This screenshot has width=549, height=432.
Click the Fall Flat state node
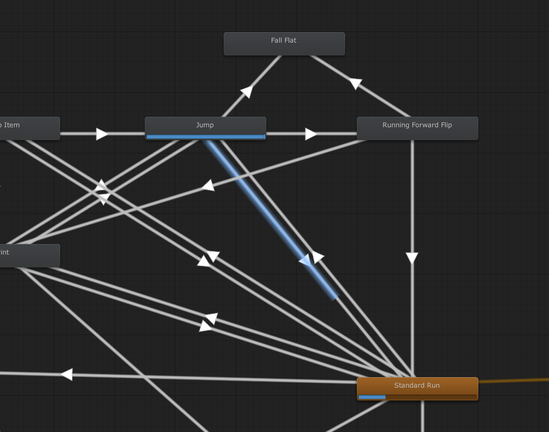[284, 44]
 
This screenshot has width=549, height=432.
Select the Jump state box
[205, 126]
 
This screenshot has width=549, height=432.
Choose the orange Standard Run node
[417, 387]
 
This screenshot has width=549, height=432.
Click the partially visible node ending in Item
[29, 128]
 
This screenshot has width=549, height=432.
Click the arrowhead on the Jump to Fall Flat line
[247, 92]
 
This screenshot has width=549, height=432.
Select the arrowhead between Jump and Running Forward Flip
[311, 134]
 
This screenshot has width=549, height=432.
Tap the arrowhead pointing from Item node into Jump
[102, 134]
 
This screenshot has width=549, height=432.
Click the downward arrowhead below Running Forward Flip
[412, 258]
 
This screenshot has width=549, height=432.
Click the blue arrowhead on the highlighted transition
[305, 260]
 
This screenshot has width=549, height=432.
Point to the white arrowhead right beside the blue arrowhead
[318, 256]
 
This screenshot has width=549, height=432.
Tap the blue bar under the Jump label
[205, 137]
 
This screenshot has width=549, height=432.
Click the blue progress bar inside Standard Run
[372, 397]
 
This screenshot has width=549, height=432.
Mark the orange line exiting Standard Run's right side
[514, 381]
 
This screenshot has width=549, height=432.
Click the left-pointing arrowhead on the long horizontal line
[67, 374]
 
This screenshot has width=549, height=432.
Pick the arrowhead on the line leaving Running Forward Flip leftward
[207, 186]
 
